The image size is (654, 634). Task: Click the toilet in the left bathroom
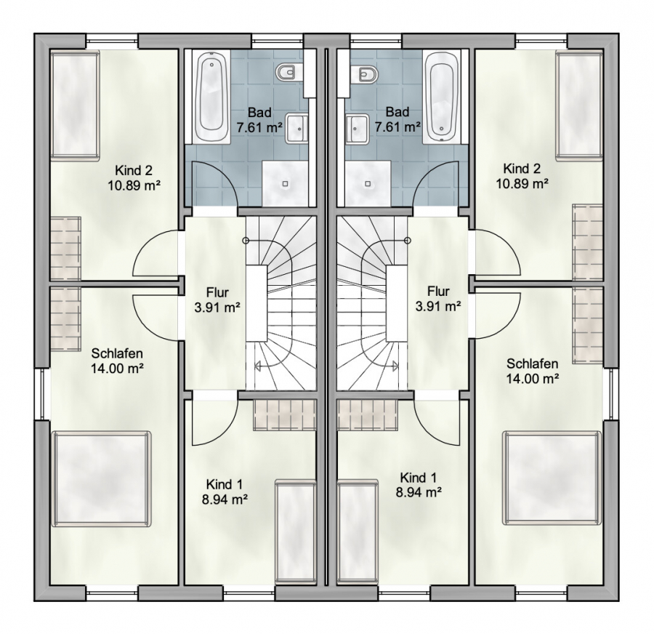(286, 73)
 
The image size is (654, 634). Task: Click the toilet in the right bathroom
(368, 74)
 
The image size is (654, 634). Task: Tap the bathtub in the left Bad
(211, 97)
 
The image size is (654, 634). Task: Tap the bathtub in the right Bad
(442, 97)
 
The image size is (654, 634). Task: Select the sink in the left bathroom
(296, 128)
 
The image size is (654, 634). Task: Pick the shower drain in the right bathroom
(368, 183)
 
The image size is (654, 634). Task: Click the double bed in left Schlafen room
(100, 478)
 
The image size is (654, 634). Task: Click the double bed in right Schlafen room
(552, 478)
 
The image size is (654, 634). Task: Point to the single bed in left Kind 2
(75, 105)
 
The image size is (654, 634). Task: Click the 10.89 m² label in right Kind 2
(522, 183)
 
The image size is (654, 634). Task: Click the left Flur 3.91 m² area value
(217, 308)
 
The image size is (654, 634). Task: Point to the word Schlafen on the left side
(117, 353)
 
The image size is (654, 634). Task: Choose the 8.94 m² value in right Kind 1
(419, 492)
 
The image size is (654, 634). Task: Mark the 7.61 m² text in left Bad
(259, 127)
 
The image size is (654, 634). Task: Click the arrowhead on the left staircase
(258, 366)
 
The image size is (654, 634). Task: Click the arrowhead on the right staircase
(395, 366)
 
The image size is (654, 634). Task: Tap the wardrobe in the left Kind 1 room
(284, 415)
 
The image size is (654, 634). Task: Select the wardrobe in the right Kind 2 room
(588, 242)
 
